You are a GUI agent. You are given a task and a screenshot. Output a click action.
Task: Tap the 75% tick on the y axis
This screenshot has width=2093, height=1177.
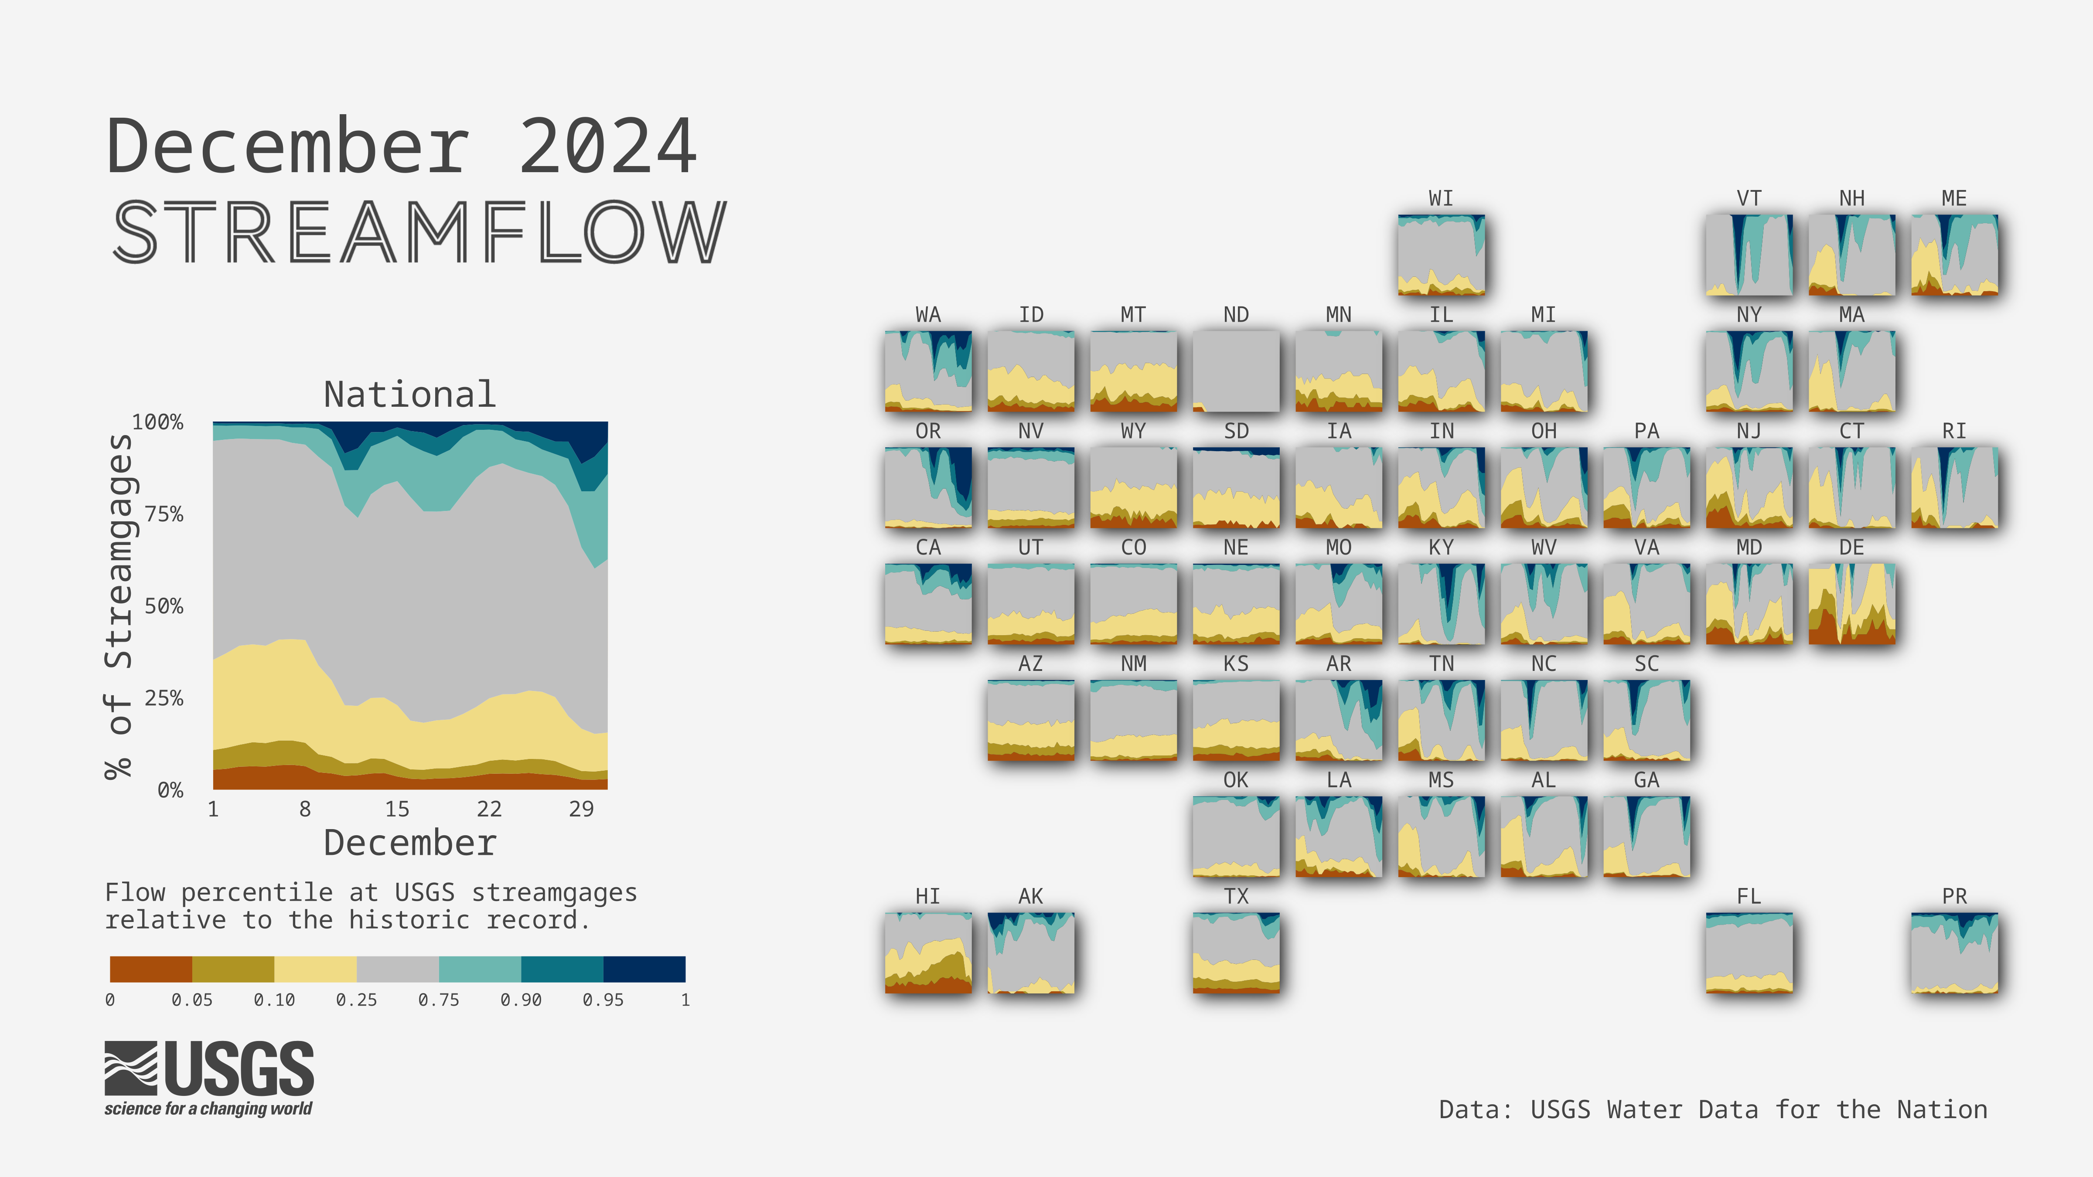pyautogui.click(x=164, y=514)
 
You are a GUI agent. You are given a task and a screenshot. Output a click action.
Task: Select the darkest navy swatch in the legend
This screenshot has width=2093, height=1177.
pyautogui.click(x=644, y=969)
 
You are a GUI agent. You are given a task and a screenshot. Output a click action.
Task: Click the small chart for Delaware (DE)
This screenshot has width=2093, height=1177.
pyautogui.click(x=1852, y=603)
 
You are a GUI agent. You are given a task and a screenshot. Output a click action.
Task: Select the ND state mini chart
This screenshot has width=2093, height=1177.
pyautogui.click(x=1236, y=371)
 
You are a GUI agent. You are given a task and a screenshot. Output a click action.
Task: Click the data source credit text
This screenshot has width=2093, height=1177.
pyautogui.click(x=1713, y=1109)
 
